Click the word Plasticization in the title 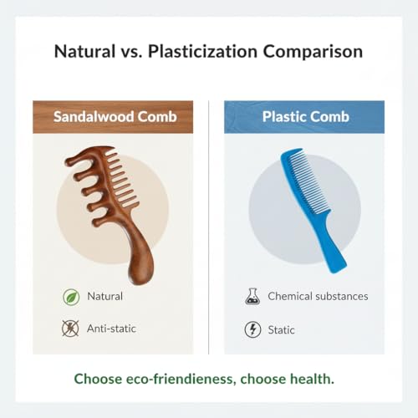click(x=202, y=52)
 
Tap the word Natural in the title click(x=84, y=52)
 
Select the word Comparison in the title click(x=313, y=52)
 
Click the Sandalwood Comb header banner click(x=113, y=117)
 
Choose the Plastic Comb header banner click(x=304, y=117)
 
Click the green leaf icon click(x=71, y=297)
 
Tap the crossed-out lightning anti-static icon click(x=70, y=329)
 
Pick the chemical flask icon click(x=252, y=296)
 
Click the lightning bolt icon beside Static click(x=252, y=329)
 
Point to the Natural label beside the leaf click(x=104, y=296)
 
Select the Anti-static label click(x=111, y=329)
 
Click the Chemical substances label click(x=318, y=296)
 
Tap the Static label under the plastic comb click(x=281, y=330)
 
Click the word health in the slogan click(x=312, y=379)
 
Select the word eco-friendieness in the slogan click(x=179, y=379)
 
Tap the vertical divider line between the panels click(x=209, y=227)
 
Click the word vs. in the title click(x=131, y=53)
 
